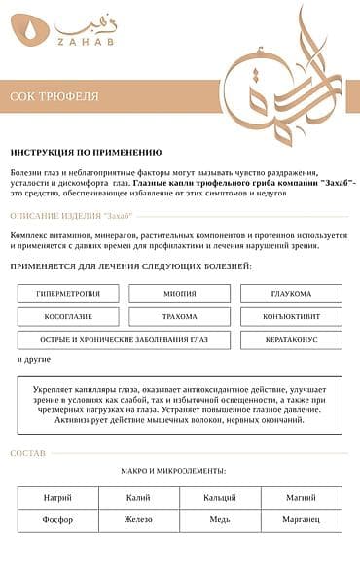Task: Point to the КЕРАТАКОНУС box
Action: [291, 340]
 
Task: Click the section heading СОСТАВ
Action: [28, 454]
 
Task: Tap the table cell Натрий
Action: [57, 497]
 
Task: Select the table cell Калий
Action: [138, 497]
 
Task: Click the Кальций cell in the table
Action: [220, 497]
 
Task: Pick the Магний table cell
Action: [302, 497]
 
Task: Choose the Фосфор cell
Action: [57, 520]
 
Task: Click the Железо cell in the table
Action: [138, 520]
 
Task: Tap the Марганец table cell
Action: [302, 520]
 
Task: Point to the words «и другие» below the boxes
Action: [33, 360]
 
